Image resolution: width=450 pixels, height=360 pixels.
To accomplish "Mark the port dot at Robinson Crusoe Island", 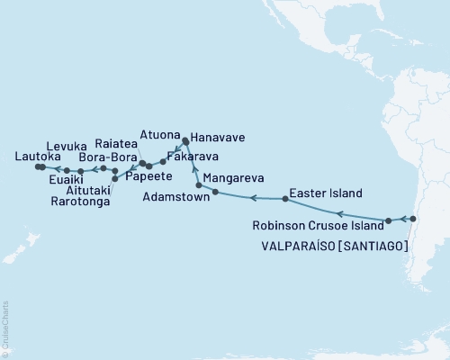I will [x=388, y=220].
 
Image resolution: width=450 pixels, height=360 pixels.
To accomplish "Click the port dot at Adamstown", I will [x=215, y=192].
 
